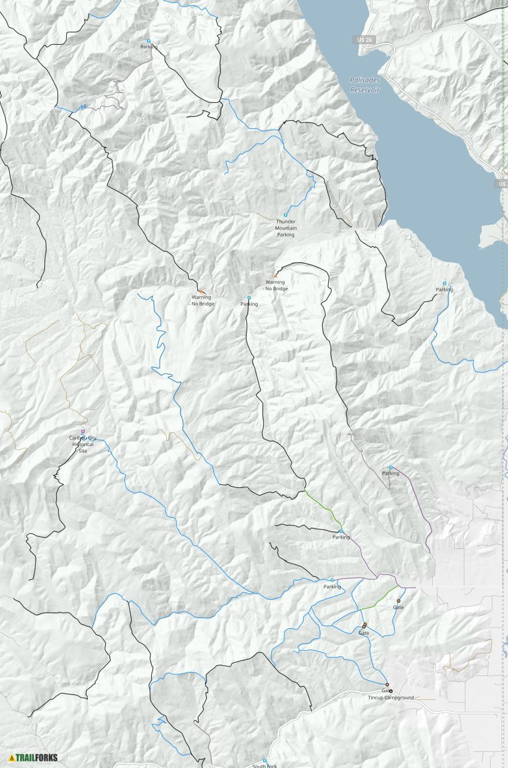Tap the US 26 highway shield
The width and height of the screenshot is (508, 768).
(x=359, y=39)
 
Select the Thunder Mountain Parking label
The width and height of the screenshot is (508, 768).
(x=286, y=228)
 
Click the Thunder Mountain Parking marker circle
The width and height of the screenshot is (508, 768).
(x=286, y=215)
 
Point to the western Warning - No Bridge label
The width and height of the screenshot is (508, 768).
(x=203, y=300)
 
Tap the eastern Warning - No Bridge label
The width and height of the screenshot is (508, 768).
(x=276, y=285)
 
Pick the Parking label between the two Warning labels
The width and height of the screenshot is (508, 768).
(x=249, y=304)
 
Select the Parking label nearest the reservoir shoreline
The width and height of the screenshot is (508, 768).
(x=444, y=290)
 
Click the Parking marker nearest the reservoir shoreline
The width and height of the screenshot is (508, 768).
(x=444, y=283)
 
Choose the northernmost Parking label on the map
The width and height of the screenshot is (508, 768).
(x=149, y=47)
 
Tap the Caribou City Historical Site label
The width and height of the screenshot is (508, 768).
(x=83, y=444)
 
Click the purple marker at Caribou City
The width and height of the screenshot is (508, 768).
(x=83, y=431)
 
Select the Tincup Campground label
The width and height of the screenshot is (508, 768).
(x=391, y=698)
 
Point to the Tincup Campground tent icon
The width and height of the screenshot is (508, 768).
(x=391, y=691)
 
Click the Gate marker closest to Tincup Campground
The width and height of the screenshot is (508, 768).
(x=387, y=684)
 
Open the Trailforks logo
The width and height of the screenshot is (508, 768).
(x=33, y=757)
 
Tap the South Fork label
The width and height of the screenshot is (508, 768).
(x=264, y=766)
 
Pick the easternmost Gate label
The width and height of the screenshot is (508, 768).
(x=398, y=607)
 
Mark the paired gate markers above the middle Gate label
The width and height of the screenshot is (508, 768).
(x=364, y=625)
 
